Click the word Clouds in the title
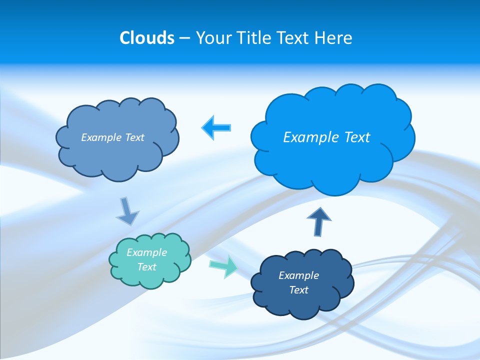[147, 38]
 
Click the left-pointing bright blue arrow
[216, 127]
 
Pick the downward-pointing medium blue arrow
[127, 210]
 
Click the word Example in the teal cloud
[147, 252]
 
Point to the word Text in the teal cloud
[147, 267]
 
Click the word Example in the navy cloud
[298, 275]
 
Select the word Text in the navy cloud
[298, 290]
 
